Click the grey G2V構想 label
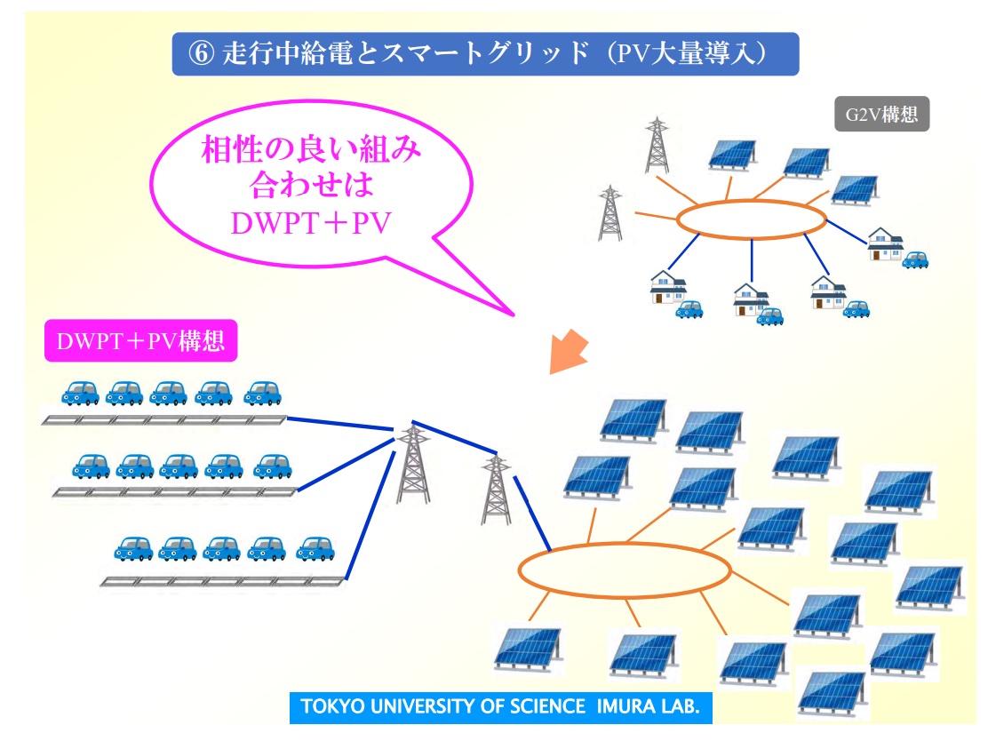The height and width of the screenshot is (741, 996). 881,115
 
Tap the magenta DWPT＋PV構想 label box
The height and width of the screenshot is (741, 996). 140,341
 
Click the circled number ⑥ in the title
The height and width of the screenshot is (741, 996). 201,53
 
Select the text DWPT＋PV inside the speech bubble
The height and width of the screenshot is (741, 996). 311,224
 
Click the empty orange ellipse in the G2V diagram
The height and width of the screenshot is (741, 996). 751,202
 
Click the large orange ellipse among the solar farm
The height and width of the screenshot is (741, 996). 625,545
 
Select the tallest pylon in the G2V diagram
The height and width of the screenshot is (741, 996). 657,146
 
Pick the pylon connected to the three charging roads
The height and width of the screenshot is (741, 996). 413,464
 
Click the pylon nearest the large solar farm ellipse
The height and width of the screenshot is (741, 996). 496,490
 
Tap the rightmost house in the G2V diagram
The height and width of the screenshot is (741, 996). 886,243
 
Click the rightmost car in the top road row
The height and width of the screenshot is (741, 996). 262,393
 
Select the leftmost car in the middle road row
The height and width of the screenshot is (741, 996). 91,466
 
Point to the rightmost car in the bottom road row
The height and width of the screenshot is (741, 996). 315,548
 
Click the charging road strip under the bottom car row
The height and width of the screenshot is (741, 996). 223,581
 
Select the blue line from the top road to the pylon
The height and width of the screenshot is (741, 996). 340,424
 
